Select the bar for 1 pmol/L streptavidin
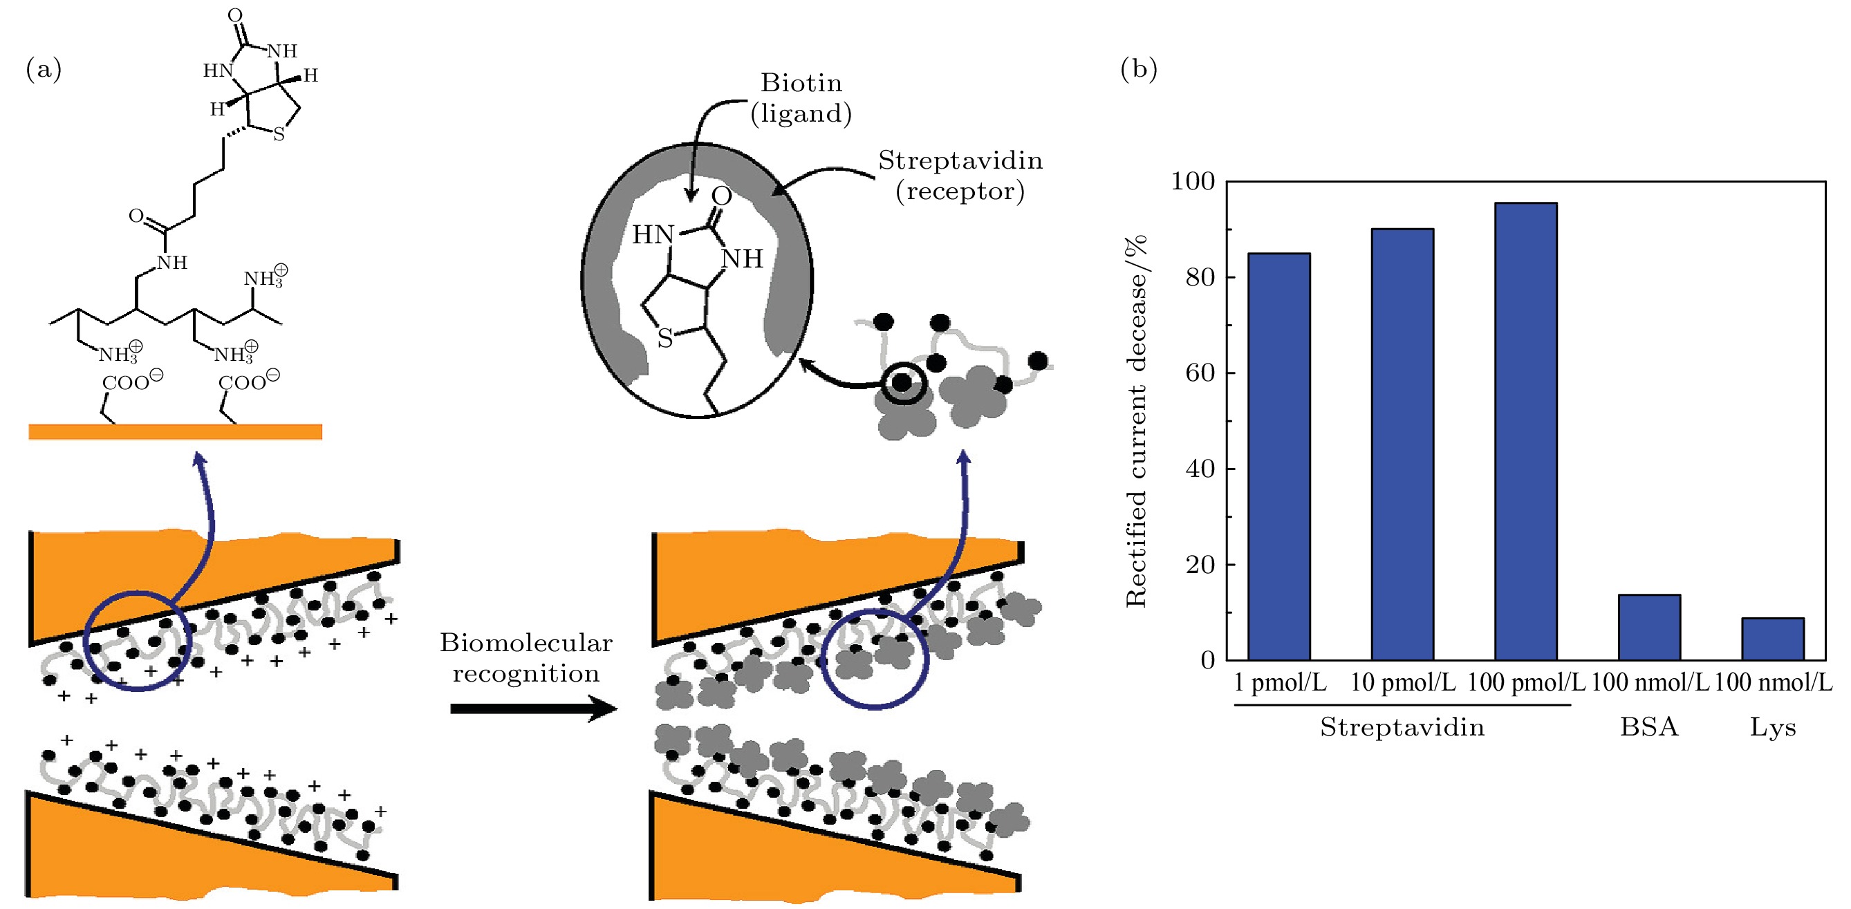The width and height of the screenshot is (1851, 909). pyautogui.click(x=1278, y=456)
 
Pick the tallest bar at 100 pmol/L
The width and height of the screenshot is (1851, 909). pyautogui.click(x=1525, y=431)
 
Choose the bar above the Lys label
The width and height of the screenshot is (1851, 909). pyautogui.click(x=1773, y=639)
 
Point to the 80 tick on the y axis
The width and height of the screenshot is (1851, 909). pyautogui.click(x=1200, y=277)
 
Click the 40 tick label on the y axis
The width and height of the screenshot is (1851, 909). pyautogui.click(x=1200, y=469)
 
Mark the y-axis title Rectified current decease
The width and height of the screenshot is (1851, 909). pyautogui.click(x=1137, y=421)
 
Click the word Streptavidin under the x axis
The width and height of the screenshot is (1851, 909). pyautogui.click(x=1402, y=727)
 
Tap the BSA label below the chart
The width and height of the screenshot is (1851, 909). pyautogui.click(x=1649, y=727)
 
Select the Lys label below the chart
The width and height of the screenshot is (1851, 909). pyautogui.click(x=1773, y=727)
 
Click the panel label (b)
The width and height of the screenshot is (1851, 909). pyautogui.click(x=1138, y=69)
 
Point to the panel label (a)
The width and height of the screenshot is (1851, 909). pyautogui.click(x=44, y=69)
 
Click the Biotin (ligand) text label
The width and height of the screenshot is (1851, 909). pyautogui.click(x=801, y=97)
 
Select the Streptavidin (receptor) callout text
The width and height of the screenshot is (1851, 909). pyautogui.click(x=960, y=176)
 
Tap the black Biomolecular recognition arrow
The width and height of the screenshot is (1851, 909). pyautogui.click(x=533, y=709)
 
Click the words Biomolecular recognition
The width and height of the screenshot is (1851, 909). pyautogui.click(x=526, y=657)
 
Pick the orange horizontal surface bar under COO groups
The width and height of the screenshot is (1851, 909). pyautogui.click(x=176, y=431)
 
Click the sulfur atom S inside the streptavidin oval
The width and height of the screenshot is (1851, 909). pyautogui.click(x=664, y=339)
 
